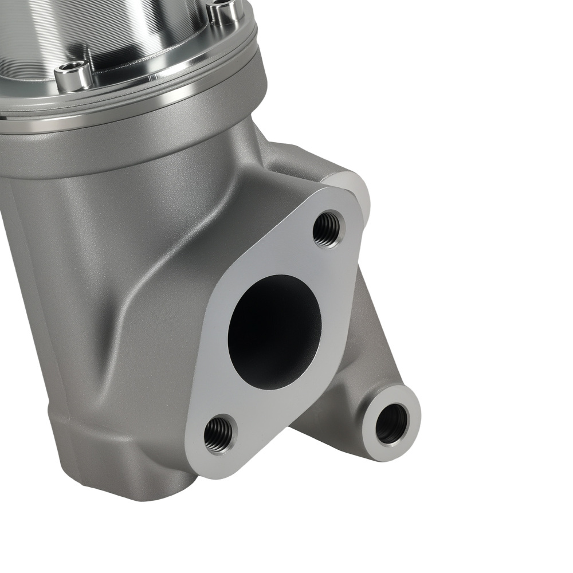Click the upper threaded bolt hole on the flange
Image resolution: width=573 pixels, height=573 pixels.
coord(328,229)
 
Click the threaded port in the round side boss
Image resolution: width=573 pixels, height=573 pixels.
coord(392,423)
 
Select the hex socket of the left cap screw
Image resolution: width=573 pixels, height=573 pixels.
coord(72,69)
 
